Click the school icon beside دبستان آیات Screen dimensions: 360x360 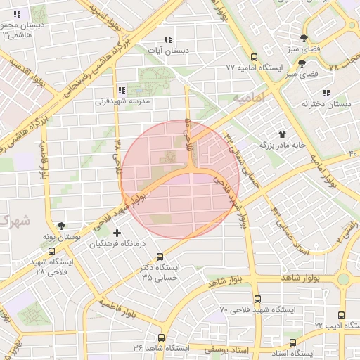click(167, 39)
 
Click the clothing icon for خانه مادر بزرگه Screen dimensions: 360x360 click(283, 133)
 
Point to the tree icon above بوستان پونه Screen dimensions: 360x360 click(63, 226)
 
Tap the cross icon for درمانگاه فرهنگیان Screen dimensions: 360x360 click(117, 233)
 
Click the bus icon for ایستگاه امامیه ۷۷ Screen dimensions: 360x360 click(254, 58)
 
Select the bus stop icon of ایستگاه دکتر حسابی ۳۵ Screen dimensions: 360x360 click(160, 257)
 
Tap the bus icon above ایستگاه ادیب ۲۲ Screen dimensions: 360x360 click(341, 315)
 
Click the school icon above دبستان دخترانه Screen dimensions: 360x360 click(326, 93)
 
